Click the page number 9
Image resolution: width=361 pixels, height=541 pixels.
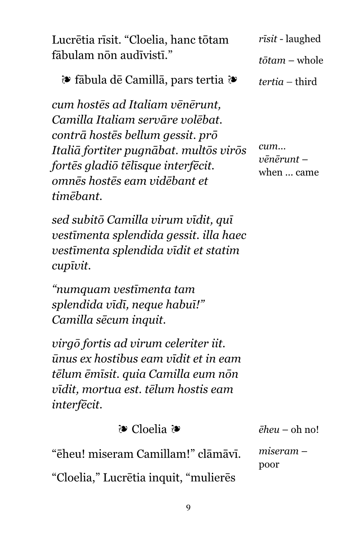(188, 508)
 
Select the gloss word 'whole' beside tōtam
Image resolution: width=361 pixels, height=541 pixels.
(310, 61)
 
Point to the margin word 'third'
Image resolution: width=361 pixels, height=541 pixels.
(306, 82)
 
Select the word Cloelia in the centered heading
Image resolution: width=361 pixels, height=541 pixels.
(149, 429)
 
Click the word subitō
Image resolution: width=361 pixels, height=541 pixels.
(89, 220)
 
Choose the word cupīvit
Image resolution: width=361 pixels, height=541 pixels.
(71, 266)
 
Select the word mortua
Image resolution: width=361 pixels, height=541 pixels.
(101, 389)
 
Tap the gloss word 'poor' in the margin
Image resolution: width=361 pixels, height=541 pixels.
(268, 464)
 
